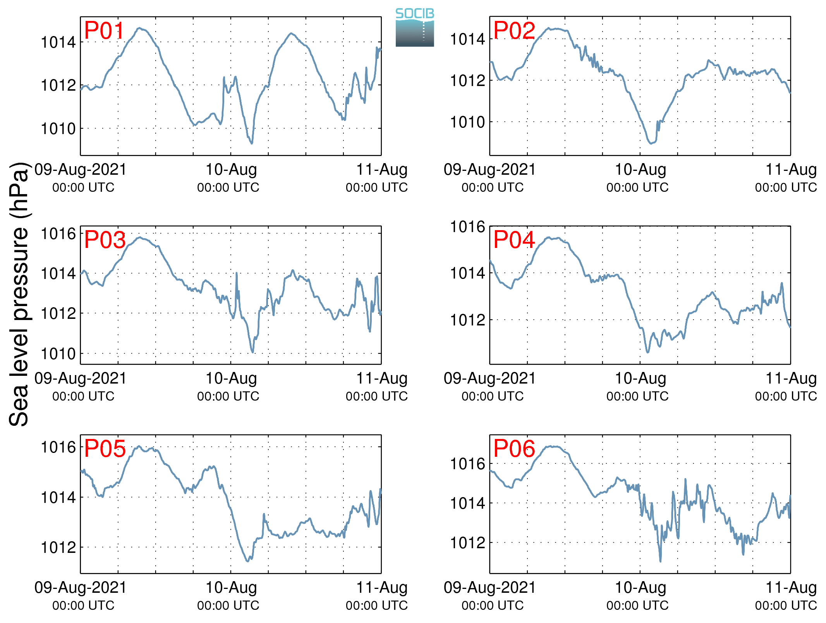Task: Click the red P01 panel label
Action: (104, 31)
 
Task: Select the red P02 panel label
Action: (514, 31)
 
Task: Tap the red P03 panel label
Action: (105, 240)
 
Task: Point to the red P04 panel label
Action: (514, 239)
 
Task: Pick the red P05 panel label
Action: (105, 449)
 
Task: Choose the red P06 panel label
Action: (514, 449)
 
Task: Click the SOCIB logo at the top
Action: (415, 28)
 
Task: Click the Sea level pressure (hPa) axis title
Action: (19, 294)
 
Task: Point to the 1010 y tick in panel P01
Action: (58, 129)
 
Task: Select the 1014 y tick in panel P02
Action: (467, 39)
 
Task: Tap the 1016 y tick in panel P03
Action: (58, 234)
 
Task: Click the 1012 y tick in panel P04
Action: (467, 320)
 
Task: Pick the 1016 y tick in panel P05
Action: (58, 447)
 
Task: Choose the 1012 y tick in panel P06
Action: (467, 543)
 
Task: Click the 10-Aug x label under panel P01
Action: (231, 170)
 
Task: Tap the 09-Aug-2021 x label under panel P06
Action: (489, 588)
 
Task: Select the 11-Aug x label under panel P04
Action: (791, 379)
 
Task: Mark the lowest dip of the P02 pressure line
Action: (651, 143)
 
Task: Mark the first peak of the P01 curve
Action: (140, 28)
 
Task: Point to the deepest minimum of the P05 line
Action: (248, 561)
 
